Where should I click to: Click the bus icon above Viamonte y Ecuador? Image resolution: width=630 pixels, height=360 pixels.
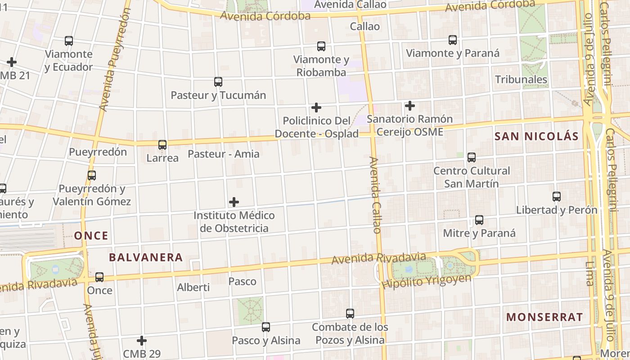click(69, 41)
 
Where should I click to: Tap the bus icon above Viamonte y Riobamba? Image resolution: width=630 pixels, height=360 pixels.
click(321, 46)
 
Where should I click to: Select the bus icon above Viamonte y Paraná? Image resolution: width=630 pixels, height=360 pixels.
click(453, 40)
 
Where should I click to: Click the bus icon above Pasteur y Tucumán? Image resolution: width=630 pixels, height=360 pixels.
click(218, 82)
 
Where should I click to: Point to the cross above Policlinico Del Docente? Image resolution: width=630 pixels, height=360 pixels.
click(316, 108)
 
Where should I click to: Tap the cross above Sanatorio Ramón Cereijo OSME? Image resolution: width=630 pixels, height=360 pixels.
click(410, 106)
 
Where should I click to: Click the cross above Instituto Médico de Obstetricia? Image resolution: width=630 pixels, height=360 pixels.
click(234, 202)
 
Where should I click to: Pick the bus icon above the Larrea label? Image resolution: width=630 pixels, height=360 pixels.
click(162, 145)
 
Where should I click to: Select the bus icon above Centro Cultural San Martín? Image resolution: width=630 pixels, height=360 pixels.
click(472, 157)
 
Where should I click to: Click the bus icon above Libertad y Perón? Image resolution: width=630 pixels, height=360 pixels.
click(557, 197)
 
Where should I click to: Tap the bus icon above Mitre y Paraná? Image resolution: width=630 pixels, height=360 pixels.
click(479, 220)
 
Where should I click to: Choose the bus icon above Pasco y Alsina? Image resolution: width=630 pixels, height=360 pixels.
click(266, 327)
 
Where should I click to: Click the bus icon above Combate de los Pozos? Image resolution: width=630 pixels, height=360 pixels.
click(350, 314)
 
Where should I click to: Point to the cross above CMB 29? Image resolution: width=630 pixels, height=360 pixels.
click(142, 341)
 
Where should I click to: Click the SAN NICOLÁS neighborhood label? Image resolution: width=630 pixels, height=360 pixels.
click(536, 136)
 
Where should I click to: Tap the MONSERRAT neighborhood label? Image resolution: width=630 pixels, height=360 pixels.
click(544, 317)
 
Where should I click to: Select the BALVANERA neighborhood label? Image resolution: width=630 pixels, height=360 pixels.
click(146, 257)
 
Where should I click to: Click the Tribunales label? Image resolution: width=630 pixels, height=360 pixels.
click(521, 80)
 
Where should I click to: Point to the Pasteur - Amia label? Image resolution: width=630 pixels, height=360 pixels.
click(224, 154)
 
